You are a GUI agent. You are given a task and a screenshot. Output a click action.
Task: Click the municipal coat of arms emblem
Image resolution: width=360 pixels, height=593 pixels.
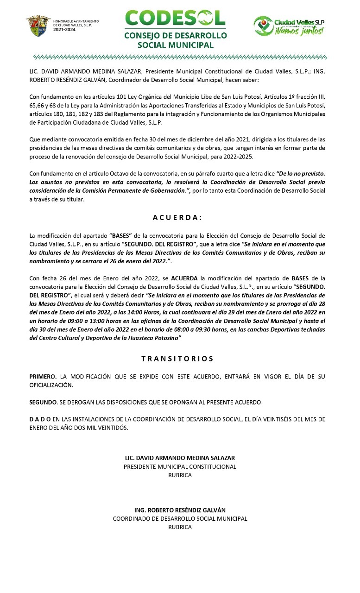click(38, 25)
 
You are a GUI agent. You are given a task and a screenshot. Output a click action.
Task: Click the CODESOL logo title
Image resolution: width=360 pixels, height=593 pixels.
click(175, 19)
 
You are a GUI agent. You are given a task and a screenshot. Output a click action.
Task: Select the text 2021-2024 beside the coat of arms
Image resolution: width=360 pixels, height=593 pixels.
click(64, 29)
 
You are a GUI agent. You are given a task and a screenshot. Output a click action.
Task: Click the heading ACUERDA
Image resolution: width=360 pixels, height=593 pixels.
click(177, 217)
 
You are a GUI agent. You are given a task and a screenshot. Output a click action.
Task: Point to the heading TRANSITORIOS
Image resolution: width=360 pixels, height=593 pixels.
click(177, 359)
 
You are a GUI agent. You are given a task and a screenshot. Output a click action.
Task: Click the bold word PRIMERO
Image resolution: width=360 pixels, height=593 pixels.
click(43, 377)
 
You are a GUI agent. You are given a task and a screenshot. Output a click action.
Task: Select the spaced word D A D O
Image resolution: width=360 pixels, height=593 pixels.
click(40, 419)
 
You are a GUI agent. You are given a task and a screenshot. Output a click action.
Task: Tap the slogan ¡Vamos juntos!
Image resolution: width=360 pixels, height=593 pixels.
click(299, 31)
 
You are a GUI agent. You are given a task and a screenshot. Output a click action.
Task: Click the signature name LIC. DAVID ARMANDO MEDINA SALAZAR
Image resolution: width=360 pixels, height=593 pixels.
click(180, 458)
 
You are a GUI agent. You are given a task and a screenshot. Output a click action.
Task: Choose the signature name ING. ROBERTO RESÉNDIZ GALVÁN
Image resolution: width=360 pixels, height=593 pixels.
click(180, 510)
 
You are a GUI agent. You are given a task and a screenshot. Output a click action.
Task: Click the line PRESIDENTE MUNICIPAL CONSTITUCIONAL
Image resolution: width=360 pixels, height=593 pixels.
click(180, 467)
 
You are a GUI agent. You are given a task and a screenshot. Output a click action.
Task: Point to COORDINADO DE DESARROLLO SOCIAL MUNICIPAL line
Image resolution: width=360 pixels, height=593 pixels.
click(180, 518)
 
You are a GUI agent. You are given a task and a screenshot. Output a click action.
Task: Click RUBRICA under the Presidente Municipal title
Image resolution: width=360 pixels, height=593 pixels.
click(180, 475)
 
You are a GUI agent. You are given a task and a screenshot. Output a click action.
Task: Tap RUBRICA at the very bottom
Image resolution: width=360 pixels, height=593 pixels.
click(180, 527)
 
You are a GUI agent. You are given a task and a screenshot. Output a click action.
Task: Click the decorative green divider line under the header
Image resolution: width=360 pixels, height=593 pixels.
click(180, 57)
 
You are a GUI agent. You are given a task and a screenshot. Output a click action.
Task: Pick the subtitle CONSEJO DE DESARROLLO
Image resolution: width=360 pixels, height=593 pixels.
click(175, 36)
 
